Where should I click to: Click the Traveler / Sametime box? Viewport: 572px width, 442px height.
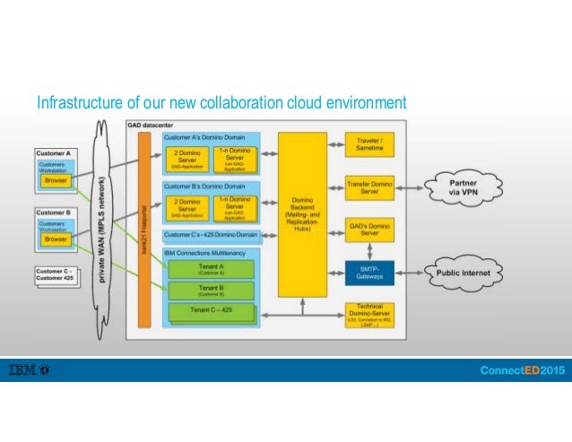(369, 143)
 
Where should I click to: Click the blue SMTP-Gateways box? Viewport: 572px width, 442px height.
(369, 272)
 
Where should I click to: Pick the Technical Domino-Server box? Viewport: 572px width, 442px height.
(369, 315)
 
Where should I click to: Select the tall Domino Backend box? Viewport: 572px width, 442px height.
(302, 214)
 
